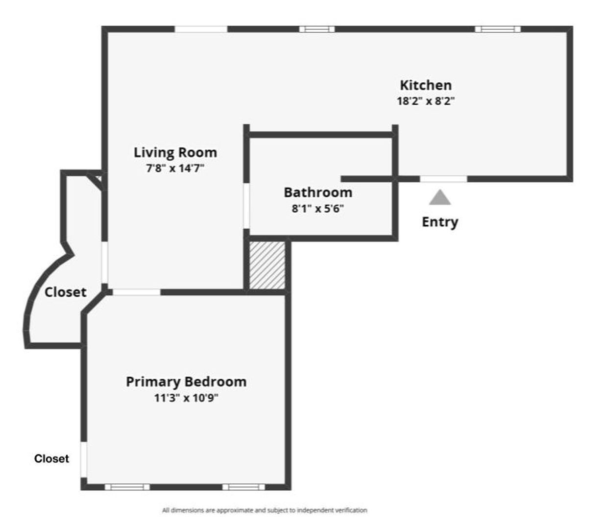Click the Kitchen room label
[x=425, y=85]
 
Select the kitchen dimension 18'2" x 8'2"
[x=426, y=101]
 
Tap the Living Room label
[x=175, y=152]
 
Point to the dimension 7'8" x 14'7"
[x=175, y=169]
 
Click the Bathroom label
[x=318, y=192]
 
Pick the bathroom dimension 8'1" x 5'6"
[x=318, y=209]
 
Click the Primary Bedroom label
[x=186, y=382]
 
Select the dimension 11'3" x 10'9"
[x=186, y=398]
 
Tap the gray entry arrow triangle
[x=440, y=198]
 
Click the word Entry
[x=440, y=222]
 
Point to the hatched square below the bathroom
[x=267, y=264]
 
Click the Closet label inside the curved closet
[x=65, y=292]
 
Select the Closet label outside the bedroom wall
[x=51, y=459]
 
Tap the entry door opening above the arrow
[x=443, y=179]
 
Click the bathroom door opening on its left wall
[x=246, y=206]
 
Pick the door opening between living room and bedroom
[x=136, y=292]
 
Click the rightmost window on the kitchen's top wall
[x=498, y=29]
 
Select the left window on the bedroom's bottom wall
[x=127, y=487]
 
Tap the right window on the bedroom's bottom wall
[x=243, y=487]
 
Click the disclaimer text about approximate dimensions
[x=265, y=510]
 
